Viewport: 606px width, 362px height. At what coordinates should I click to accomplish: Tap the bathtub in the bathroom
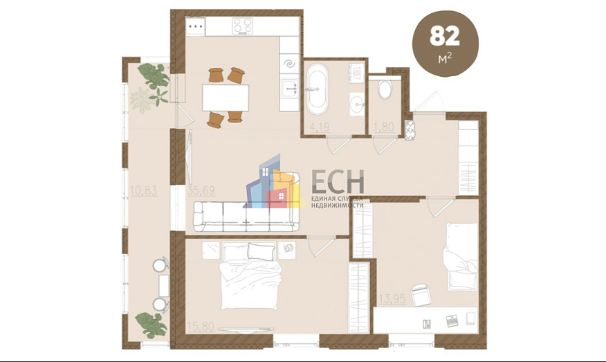pos(318,89)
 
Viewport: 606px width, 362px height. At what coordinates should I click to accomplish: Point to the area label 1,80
pos(384,127)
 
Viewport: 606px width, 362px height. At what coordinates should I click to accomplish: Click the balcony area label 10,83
pos(143,188)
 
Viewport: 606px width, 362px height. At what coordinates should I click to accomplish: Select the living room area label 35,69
pos(201,188)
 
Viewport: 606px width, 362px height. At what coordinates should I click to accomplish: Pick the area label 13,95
pos(392,299)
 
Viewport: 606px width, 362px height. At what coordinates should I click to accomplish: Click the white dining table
pos(225,97)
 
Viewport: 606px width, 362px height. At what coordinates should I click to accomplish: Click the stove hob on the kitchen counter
pos(242,26)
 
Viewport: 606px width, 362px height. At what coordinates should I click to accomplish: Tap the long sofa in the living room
pos(246,217)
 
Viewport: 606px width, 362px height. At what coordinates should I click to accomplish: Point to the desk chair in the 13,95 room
pos(421,296)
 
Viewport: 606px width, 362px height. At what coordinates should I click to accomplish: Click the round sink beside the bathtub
pos(357,105)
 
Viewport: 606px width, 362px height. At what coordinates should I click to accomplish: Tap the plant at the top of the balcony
pos(153,79)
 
